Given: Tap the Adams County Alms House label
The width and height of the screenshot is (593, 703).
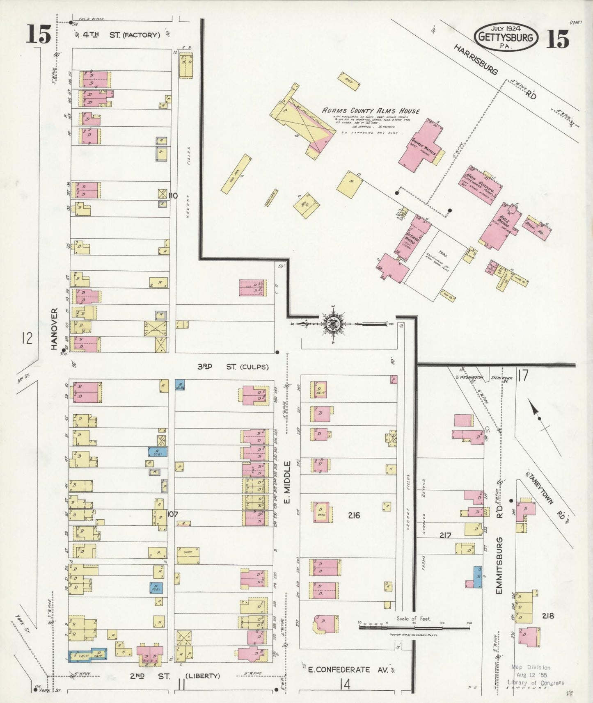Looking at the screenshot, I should pos(371,111).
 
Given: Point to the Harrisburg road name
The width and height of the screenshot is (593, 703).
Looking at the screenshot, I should pos(476,60).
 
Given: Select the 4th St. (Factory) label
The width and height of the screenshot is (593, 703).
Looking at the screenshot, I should pos(121,35).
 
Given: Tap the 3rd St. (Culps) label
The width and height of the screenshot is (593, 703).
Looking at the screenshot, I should pos(233,366).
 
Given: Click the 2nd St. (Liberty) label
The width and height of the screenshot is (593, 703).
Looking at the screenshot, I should pos(176,676).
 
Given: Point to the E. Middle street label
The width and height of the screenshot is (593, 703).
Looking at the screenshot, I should pos(287,482).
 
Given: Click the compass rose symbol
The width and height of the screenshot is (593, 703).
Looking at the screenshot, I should pos(332,324).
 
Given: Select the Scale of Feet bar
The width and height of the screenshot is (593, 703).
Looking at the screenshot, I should pos(414,627).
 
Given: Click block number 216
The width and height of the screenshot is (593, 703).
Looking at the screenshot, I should pos(354,515).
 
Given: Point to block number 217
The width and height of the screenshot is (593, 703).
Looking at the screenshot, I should pos(445,535).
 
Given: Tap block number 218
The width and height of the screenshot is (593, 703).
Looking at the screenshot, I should pos(548,615).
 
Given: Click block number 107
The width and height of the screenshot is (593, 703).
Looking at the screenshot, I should pos(173,514).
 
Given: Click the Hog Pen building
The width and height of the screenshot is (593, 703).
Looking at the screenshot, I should pos(236,174).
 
